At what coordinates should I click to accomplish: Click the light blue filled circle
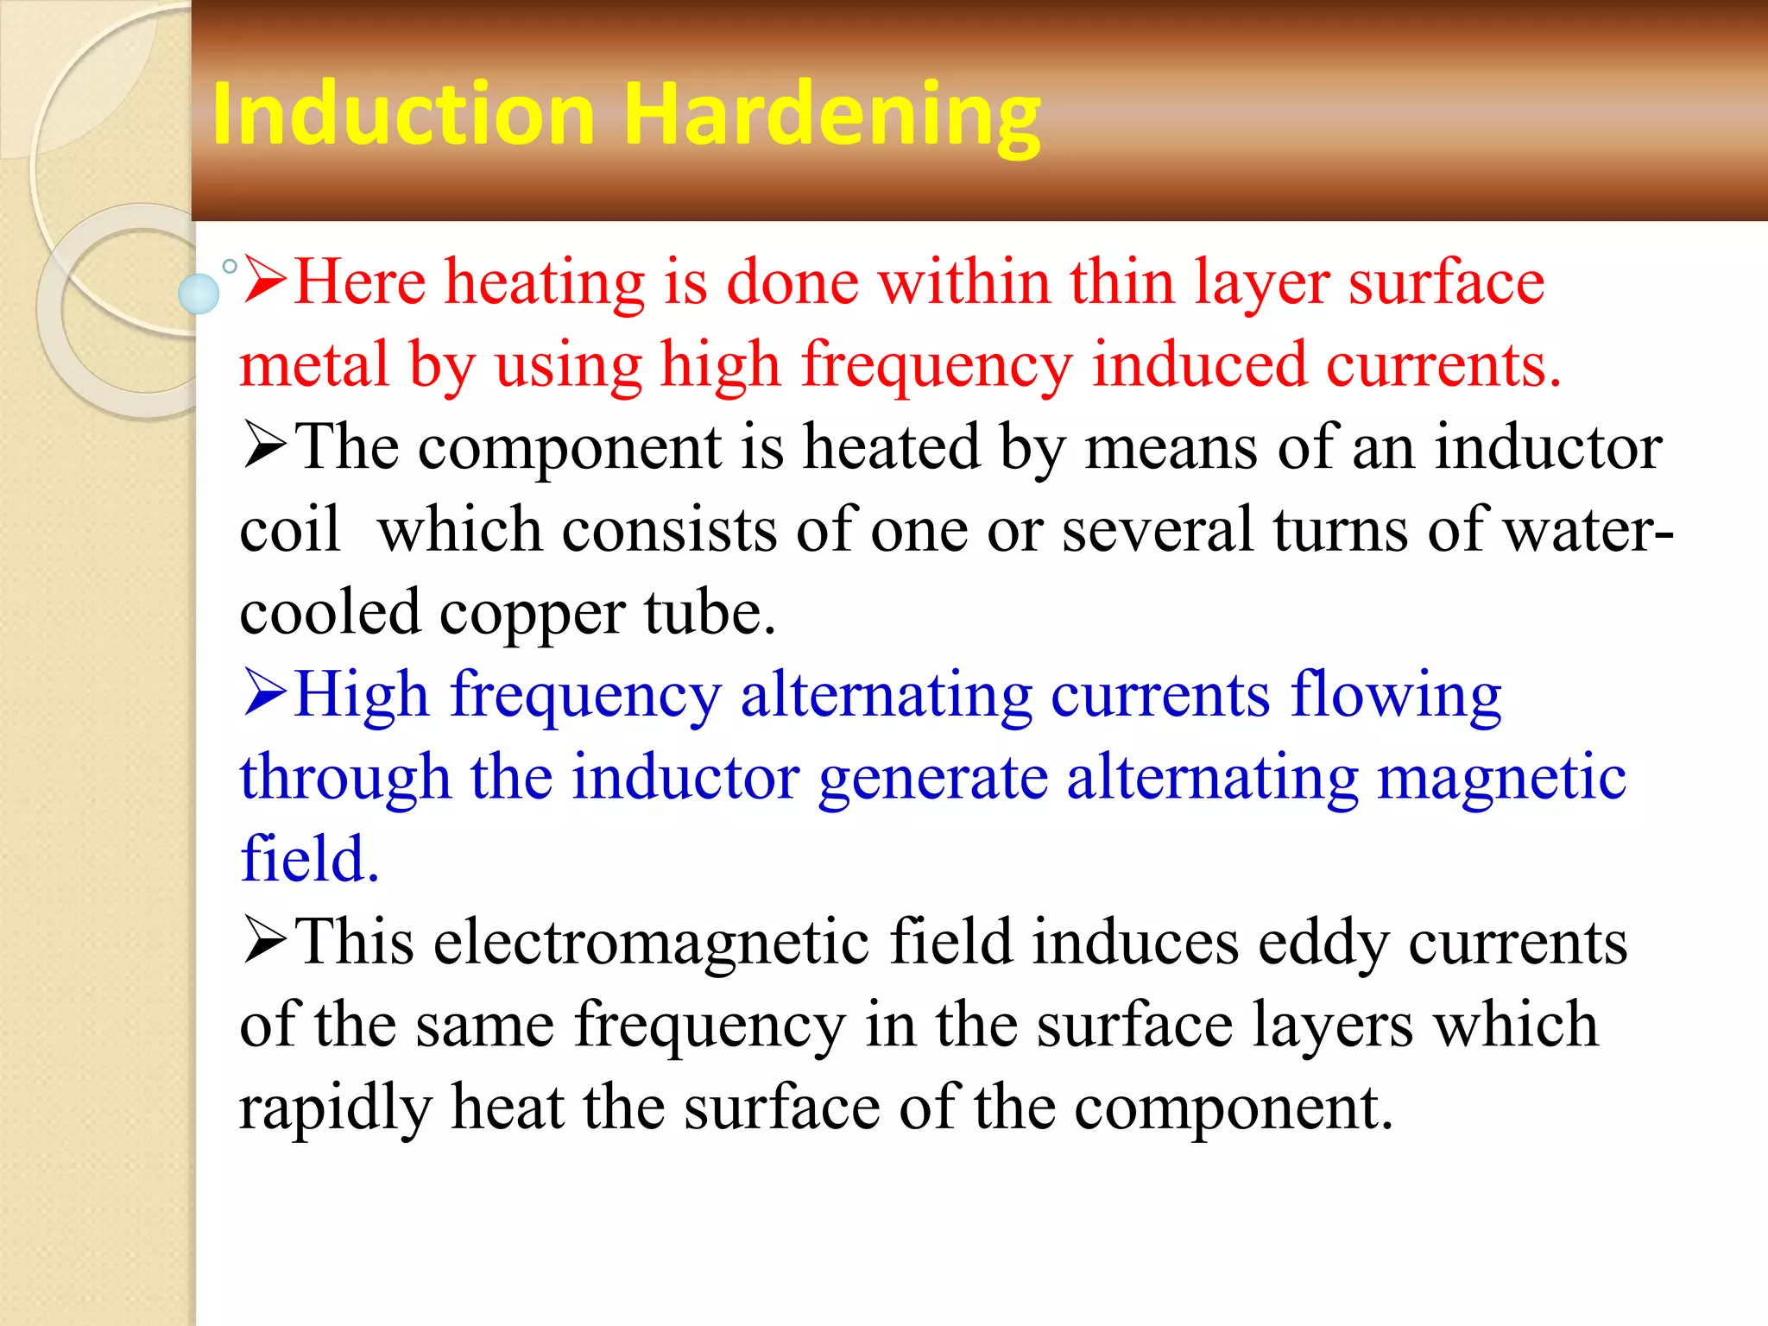pos(199,294)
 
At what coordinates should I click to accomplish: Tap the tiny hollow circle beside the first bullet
pos(230,267)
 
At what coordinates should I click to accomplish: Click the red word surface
pos(1447,283)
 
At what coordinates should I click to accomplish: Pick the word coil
pos(289,529)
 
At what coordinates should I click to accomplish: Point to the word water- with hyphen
pos(1588,529)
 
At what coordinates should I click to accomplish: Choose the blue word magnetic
pos(1500,777)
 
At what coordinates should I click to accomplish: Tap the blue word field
pos(308,859)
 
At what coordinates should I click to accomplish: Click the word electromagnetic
pos(651,941)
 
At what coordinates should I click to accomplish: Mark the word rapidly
pos(335,1108)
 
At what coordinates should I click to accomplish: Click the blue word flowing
pos(1396,696)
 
